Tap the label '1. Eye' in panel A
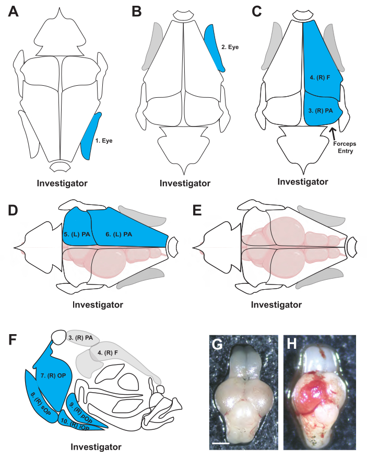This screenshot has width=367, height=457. [x=104, y=140]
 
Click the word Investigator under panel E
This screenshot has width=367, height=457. [x=276, y=304]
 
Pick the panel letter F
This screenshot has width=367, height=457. [x=15, y=340]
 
